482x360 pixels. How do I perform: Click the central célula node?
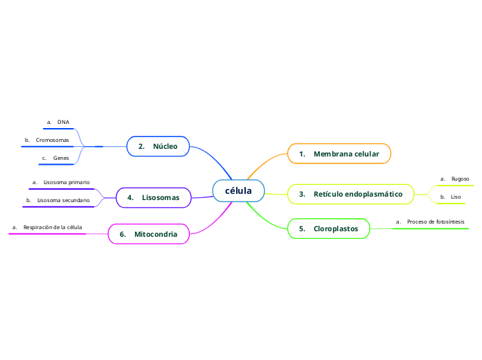point(238,190)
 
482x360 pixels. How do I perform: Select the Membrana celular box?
point(339,154)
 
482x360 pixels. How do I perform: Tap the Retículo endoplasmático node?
point(350,194)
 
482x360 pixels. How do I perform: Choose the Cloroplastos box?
point(329,228)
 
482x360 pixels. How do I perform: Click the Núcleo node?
point(159,146)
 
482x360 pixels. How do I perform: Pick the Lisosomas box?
point(154,198)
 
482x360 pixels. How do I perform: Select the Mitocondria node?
point(149,234)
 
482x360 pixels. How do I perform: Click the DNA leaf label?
point(63,122)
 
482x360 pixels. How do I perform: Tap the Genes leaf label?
point(61,158)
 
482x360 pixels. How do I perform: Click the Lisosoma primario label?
point(66,182)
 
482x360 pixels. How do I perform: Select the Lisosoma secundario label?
point(63,200)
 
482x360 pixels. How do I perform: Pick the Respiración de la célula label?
point(53,227)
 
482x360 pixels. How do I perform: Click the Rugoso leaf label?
point(460,179)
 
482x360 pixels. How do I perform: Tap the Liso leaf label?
point(456,197)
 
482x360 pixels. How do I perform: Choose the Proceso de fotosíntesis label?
point(436,222)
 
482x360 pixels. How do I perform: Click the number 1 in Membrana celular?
point(302,154)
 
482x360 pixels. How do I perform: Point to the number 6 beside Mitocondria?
point(122,234)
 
